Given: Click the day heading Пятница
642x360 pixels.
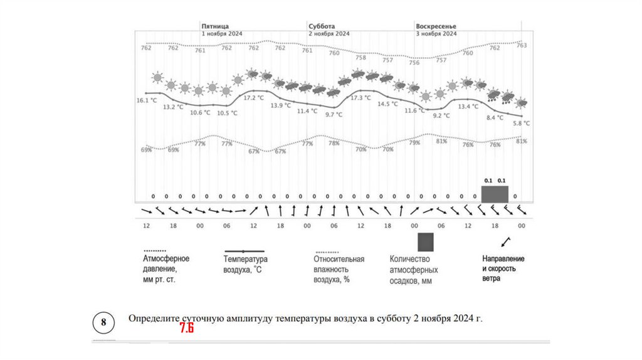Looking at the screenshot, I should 214,26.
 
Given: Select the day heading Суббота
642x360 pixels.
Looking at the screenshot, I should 321,26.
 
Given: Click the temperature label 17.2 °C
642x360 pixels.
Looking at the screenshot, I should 253,98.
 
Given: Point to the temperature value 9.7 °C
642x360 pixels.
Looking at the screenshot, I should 334,115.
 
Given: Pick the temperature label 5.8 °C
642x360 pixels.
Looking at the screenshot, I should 521,124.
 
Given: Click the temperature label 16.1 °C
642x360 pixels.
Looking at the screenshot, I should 147,100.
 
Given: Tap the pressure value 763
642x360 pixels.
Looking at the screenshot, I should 521,45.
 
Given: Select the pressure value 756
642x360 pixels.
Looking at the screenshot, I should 414,63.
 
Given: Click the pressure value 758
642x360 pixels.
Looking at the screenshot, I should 360,58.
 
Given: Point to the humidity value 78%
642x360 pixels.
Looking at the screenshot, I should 334,144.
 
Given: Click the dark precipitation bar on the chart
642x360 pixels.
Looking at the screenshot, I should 495,194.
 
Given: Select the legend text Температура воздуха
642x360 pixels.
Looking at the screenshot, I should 245,264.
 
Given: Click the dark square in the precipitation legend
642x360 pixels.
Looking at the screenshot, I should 426,242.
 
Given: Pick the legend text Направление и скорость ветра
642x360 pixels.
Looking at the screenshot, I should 503,268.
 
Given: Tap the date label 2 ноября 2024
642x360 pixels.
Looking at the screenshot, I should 329,34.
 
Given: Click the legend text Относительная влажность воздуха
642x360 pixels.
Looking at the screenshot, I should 339,269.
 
